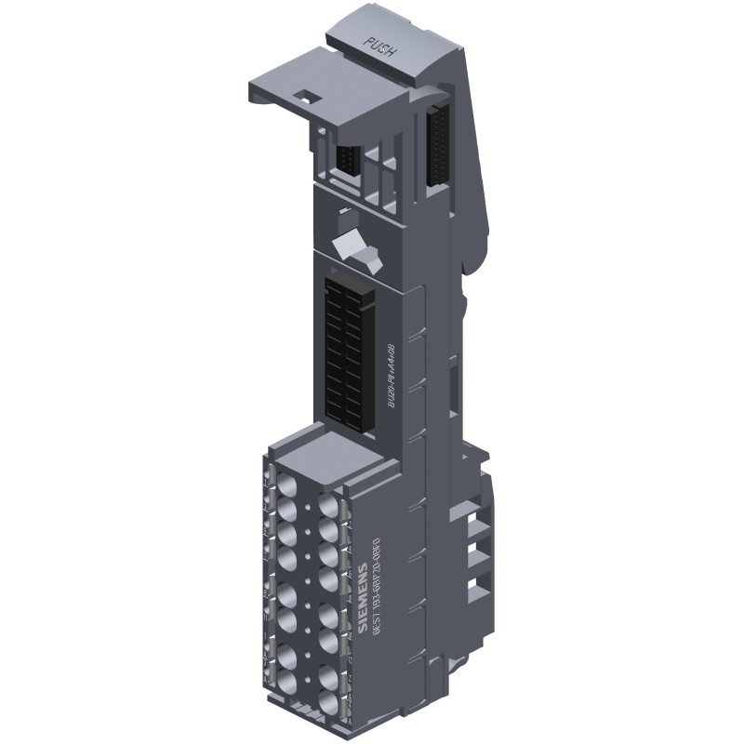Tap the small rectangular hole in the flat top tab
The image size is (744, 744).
[304, 93]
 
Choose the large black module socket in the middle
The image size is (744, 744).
[347, 349]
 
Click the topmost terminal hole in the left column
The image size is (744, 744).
[287, 485]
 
